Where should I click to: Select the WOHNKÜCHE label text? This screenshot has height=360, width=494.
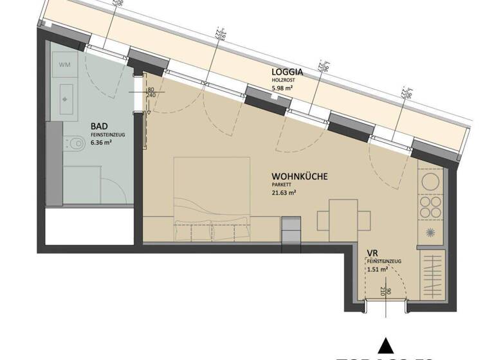click(300, 175)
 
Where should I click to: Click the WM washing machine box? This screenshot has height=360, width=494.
click(65, 65)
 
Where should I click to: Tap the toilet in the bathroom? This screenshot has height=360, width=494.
click(74, 142)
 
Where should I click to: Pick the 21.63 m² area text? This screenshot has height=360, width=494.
click(284, 192)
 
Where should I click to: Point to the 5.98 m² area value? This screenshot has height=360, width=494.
click(282, 89)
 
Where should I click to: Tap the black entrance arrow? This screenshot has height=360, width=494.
click(385, 345)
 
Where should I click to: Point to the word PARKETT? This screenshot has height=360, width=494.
click(281, 184)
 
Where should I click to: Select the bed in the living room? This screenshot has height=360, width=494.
click(212, 199)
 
